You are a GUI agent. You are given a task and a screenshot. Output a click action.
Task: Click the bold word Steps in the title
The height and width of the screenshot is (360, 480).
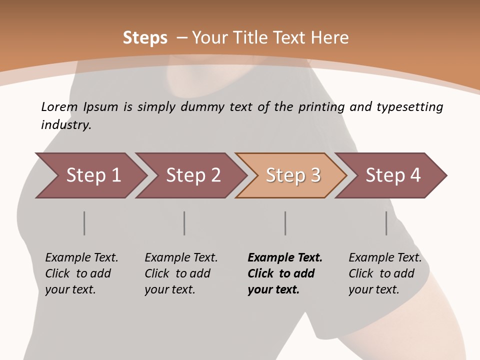(x=145, y=38)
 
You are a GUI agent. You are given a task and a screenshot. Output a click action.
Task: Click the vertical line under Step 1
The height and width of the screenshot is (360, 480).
(x=84, y=223)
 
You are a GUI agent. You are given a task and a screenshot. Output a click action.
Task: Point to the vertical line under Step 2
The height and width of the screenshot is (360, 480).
(x=184, y=223)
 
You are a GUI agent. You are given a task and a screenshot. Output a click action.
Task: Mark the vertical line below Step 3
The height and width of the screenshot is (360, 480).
(x=285, y=223)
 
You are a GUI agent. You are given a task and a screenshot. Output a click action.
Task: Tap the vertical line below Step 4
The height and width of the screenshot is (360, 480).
(x=386, y=223)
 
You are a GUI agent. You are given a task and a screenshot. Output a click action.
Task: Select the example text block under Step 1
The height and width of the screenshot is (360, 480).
(x=81, y=273)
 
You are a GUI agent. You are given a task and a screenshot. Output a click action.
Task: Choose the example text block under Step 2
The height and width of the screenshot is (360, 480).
(x=181, y=273)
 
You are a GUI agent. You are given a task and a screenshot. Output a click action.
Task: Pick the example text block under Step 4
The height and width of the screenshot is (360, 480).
(x=385, y=273)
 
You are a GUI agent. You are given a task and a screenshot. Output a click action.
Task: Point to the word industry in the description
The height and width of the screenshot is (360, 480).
(x=66, y=125)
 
